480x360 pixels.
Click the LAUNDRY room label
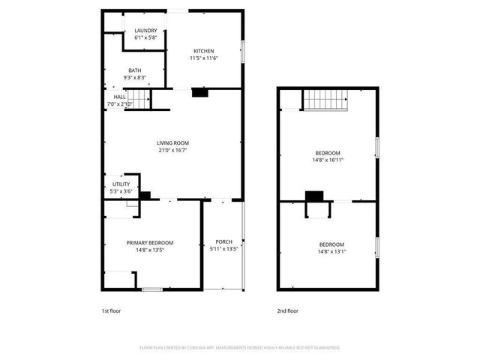[145, 31]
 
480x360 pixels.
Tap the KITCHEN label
[204, 51]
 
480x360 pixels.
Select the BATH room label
[134, 70]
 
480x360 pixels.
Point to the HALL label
[120, 97]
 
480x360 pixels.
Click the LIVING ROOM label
[172, 142]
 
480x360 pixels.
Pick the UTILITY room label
[121, 184]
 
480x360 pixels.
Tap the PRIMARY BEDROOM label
[150, 242]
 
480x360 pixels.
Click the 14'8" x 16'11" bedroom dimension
[327, 160]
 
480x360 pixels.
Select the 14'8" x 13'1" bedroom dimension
[331, 252]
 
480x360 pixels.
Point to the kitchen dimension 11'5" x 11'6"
[204, 58]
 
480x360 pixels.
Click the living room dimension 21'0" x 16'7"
[172, 149]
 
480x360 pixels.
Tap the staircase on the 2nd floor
[327, 99]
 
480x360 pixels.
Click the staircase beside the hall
[138, 98]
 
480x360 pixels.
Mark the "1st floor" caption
[111, 310]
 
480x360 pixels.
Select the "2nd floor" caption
[287, 310]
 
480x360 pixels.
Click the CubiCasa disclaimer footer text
[240, 347]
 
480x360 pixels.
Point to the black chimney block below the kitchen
[199, 93]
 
